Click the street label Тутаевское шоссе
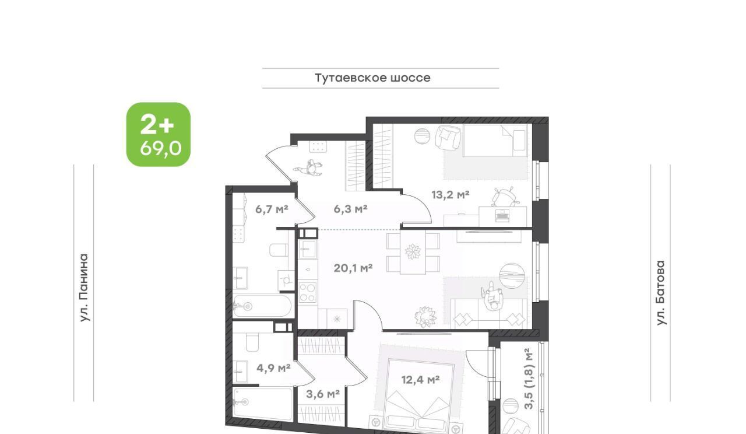point(372,78)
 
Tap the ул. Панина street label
point(85,288)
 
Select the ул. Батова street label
point(660,293)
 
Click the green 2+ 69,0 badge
point(159,134)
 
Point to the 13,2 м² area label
point(451,194)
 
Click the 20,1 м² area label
point(353,268)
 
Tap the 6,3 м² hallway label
point(350,209)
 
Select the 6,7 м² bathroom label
point(272,209)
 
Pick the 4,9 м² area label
point(273,368)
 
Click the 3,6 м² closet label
point(323,394)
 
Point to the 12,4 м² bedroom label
point(420,379)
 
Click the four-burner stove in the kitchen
point(307,292)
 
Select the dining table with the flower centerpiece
point(413,252)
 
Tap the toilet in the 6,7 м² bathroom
point(279,250)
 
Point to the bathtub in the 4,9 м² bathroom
point(263,405)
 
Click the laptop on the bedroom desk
point(502,215)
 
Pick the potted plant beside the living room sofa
point(425,316)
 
